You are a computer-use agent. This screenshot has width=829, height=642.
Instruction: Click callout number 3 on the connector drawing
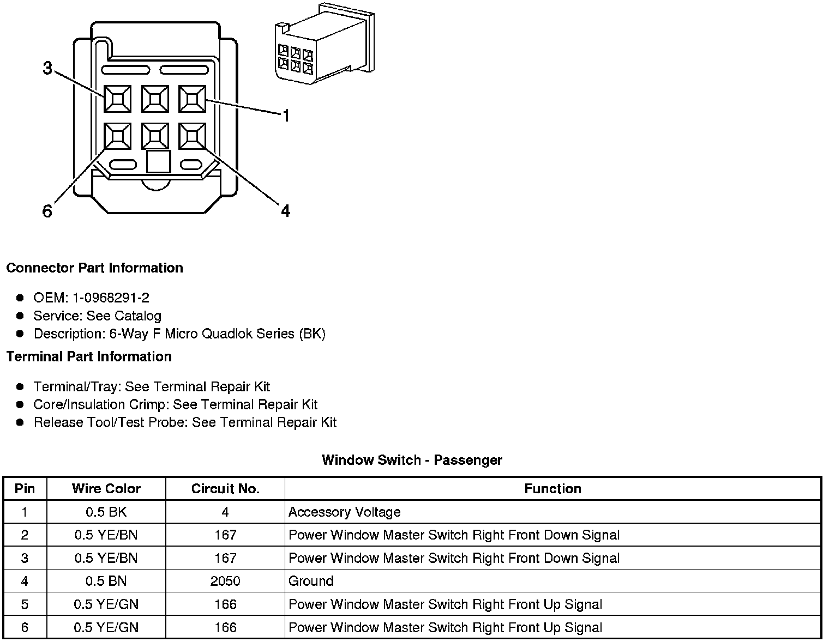[x=47, y=69]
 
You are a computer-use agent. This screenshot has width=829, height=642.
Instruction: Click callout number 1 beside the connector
[x=285, y=116]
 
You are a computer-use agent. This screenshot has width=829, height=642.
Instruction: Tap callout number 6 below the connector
[x=47, y=211]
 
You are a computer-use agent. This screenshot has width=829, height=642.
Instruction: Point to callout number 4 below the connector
[x=285, y=210]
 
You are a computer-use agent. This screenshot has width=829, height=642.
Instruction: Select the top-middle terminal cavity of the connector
[x=155, y=99]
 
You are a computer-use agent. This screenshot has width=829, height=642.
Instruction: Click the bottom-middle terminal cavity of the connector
[x=155, y=136]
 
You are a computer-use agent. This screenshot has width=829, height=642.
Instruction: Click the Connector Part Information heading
[x=94, y=268]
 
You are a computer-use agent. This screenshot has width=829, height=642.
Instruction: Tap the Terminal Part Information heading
[x=89, y=357]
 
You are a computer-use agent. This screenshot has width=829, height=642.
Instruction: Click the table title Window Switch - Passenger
[x=412, y=460]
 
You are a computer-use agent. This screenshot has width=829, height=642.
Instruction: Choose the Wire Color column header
[x=106, y=489]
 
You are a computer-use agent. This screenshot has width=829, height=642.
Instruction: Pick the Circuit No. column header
[x=225, y=489]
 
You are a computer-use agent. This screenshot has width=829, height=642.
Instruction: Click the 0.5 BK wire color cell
[x=106, y=512]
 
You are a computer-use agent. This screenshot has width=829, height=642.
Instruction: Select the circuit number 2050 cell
[x=225, y=581]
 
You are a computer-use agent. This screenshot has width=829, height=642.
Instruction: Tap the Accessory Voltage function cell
[x=344, y=512]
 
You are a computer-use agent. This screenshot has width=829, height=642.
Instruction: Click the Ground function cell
[x=311, y=581]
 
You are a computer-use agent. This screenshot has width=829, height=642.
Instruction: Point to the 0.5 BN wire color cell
[x=106, y=581]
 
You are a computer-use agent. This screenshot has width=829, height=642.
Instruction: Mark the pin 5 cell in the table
[x=25, y=604]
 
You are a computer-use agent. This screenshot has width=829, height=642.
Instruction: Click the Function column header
[x=552, y=489]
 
